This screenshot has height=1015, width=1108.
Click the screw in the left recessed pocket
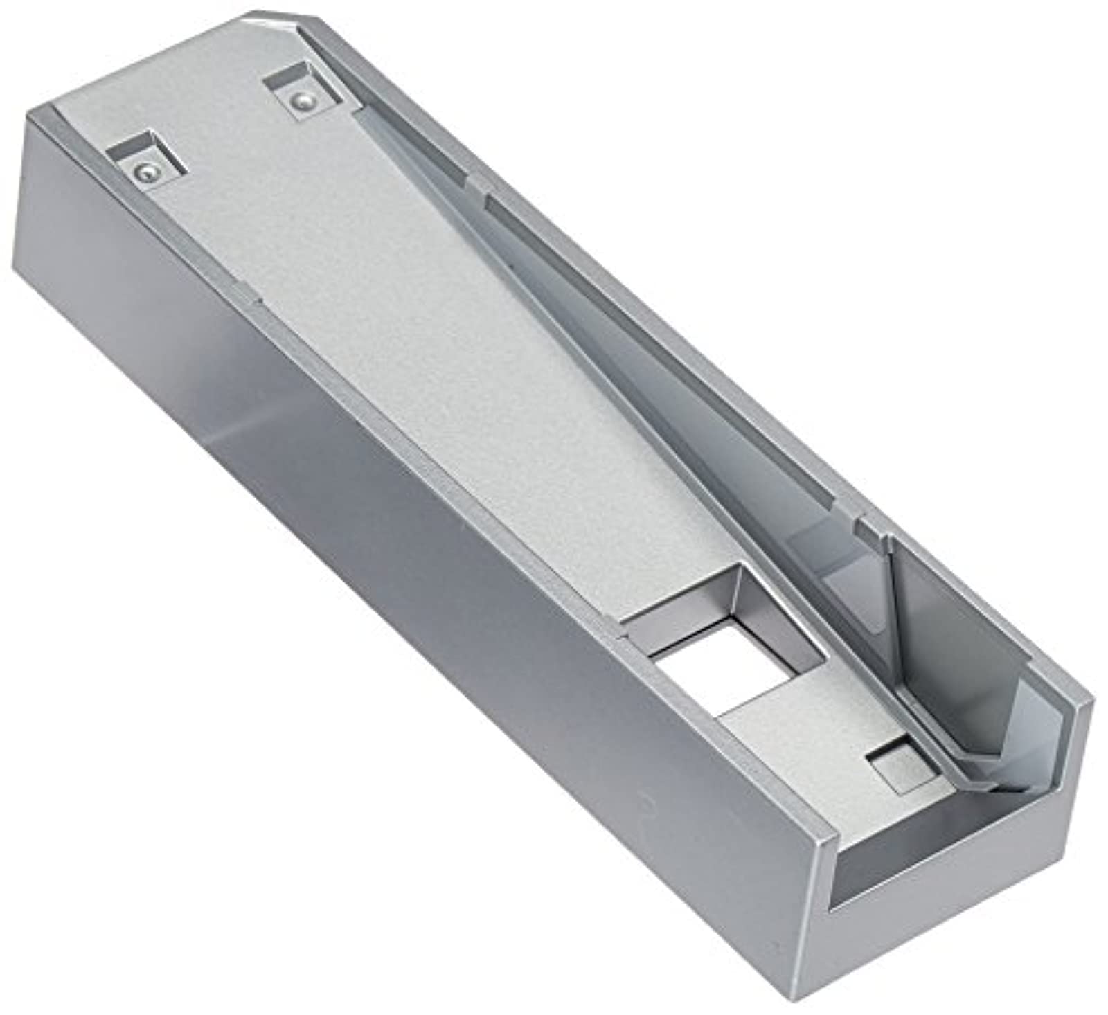pos(144,170)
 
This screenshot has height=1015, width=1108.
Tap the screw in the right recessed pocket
pos(299,102)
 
